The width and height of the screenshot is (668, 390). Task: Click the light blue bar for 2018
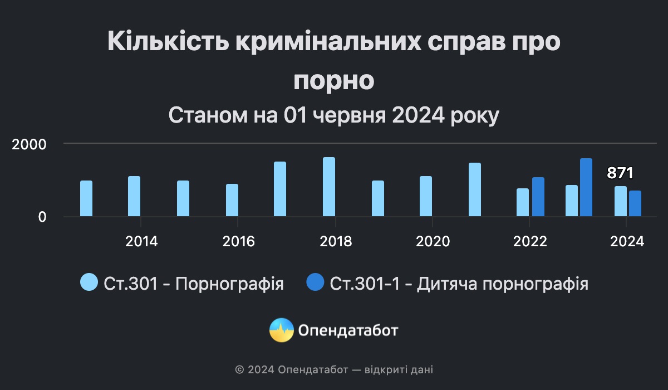pyautogui.click(x=329, y=187)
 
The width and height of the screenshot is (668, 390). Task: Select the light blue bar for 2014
pyautogui.click(x=134, y=196)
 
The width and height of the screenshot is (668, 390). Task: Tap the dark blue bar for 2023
pyautogui.click(x=586, y=187)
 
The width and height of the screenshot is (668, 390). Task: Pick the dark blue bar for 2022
pyautogui.click(x=538, y=197)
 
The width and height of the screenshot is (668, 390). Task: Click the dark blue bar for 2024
pyautogui.click(x=635, y=203)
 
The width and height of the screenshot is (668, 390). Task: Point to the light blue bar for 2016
pyautogui.click(x=232, y=200)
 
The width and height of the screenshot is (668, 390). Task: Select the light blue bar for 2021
pyautogui.click(x=475, y=189)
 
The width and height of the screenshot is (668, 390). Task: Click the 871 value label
pyautogui.click(x=620, y=173)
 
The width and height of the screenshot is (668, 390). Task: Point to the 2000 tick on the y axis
pyautogui.click(x=29, y=144)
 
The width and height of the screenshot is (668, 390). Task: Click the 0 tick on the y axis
pyautogui.click(x=42, y=217)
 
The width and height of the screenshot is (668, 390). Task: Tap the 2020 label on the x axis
pyautogui.click(x=433, y=241)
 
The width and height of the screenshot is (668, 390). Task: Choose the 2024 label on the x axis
pyautogui.click(x=627, y=241)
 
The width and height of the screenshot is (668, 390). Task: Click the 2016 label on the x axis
pyautogui.click(x=239, y=241)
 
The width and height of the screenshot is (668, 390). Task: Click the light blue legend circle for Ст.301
pyautogui.click(x=89, y=282)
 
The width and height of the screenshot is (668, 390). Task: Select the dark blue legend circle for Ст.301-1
pyautogui.click(x=315, y=282)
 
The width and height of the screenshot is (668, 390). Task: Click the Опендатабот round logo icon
pyautogui.click(x=282, y=330)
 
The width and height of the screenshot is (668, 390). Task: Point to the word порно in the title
pyautogui.click(x=333, y=80)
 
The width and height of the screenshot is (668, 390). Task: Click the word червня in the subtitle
pyautogui.click(x=349, y=115)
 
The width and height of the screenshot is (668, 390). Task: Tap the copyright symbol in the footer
pyautogui.click(x=239, y=370)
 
